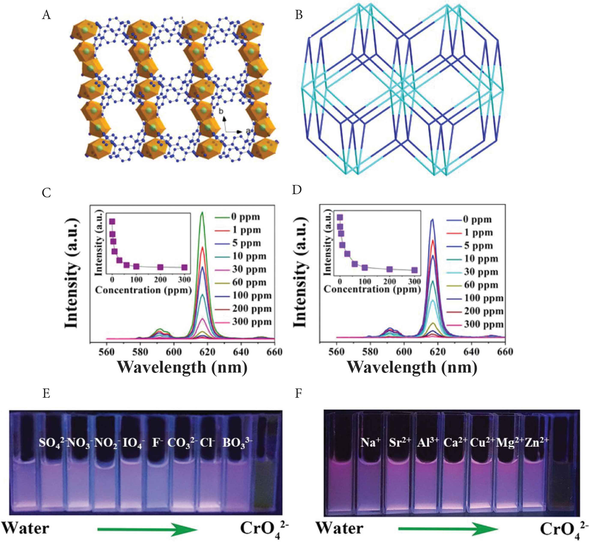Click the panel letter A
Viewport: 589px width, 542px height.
46,15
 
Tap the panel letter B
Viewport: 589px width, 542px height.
299,15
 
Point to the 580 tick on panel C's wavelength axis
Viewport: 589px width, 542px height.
140,352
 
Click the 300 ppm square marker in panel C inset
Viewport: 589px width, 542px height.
184,267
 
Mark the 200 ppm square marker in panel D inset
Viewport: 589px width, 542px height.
390,269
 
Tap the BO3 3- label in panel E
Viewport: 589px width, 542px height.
237,443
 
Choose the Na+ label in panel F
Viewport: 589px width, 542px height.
371,443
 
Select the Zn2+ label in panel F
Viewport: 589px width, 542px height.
536,443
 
